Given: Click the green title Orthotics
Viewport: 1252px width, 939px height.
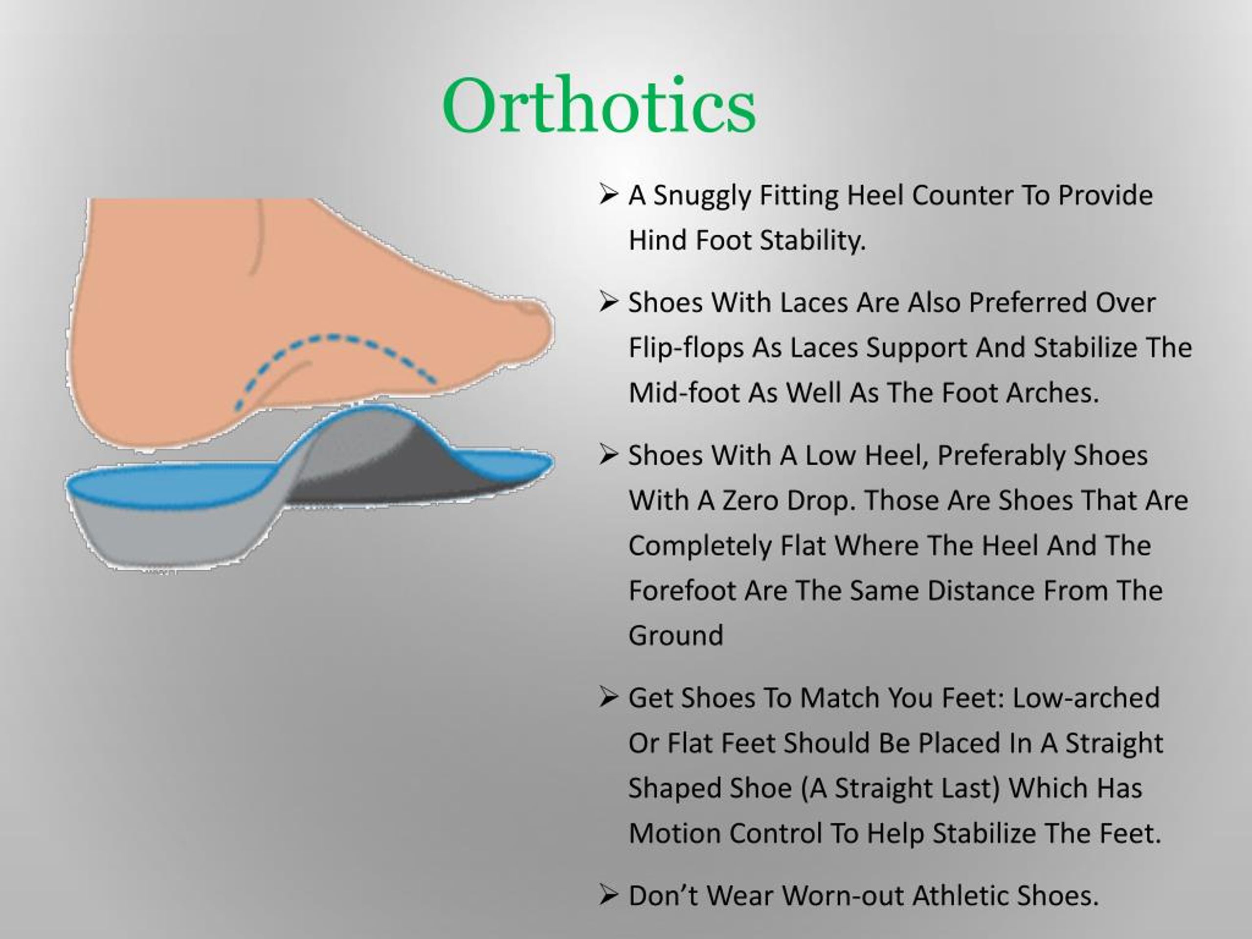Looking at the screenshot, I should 599,106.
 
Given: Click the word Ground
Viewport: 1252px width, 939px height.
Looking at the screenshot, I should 676,636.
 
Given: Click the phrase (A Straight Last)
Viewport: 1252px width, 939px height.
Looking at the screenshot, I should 900,788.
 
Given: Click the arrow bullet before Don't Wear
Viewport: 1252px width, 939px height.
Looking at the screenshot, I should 608,895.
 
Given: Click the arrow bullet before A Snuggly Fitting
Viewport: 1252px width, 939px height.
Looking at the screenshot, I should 608,195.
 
